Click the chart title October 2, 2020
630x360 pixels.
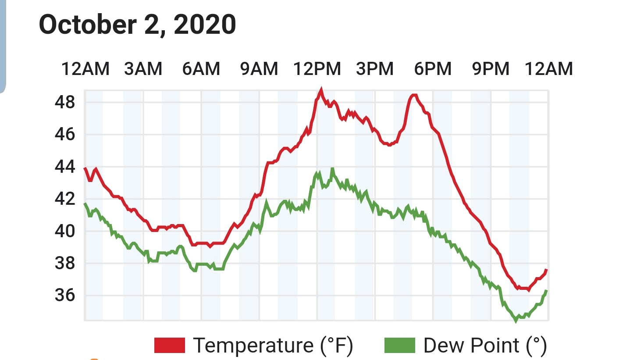coord(137,25)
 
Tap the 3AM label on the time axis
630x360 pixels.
coord(143,69)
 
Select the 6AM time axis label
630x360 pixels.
coord(201,69)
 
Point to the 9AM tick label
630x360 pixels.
coord(259,69)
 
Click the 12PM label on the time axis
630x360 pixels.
coord(317,69)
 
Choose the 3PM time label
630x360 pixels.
coord(375,69)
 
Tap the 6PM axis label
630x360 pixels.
coord(433,69)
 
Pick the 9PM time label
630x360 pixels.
coord(491,69)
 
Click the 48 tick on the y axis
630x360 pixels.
coord(65,102)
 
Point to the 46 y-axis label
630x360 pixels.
coord(65,135)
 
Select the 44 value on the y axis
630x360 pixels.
coord(65,167)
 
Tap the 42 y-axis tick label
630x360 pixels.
coord(65,199)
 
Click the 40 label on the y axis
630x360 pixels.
coord(65,231)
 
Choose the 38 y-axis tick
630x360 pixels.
coord(65,264)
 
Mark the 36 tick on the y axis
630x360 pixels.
coord(65,295)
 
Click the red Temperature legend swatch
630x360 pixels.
coord(170,345)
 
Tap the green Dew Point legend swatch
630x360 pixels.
coord(400,345)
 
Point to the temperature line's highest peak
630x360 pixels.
coord(321,89)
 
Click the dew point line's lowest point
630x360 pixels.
coord(516,321)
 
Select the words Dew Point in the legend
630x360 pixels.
coord(471,346)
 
